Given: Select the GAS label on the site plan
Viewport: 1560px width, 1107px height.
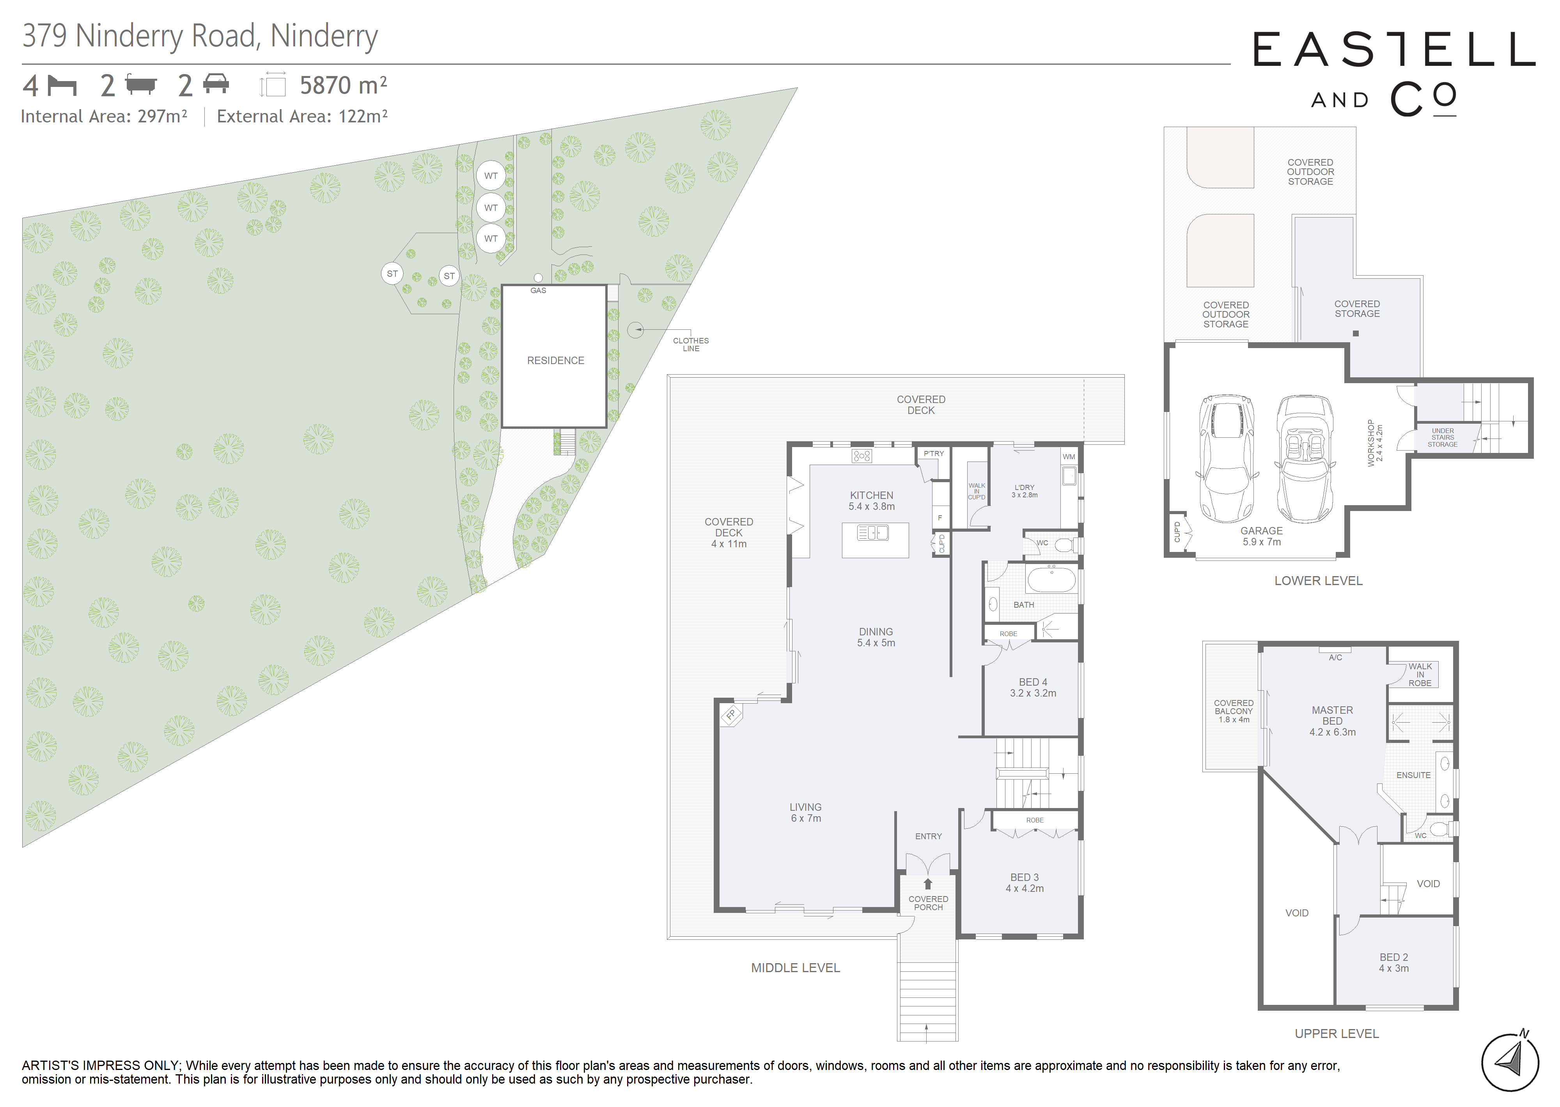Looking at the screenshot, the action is point(538,290).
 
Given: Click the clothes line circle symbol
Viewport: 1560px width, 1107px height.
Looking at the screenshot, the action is point(635,330).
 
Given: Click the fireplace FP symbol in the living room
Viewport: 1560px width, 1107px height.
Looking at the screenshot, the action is point(731,715).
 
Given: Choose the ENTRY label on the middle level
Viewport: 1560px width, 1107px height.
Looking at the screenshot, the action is point(928,836).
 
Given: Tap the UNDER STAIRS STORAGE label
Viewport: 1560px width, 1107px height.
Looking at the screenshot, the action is point(1443,438).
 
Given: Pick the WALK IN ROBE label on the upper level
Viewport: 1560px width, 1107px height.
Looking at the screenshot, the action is point(1420,675).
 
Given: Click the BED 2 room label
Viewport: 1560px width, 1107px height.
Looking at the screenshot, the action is point(1393,962).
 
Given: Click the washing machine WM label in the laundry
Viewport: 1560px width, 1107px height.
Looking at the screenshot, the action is point(1069,457).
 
